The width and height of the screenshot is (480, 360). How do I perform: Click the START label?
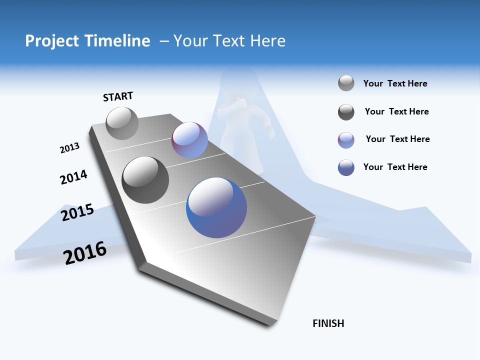[x=118, y=96]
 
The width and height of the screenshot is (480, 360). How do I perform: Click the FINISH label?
[x=328, y=323]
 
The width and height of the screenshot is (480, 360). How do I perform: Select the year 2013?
[x=69, y=148]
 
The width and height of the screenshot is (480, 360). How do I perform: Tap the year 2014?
[x=73, y=177]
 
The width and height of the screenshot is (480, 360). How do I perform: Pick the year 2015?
[x=77, y=212]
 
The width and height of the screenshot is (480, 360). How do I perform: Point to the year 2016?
[x=85, y=252]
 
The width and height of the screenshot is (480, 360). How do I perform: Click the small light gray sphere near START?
[x=122, y=123]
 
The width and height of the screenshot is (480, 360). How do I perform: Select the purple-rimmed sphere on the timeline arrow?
[x=189, y=140]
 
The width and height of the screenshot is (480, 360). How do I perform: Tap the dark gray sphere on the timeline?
[x=145, y=180]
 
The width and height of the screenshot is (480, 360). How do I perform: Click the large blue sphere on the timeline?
[x=216, y=207]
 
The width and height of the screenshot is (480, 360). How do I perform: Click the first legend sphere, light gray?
[x=346, y=83]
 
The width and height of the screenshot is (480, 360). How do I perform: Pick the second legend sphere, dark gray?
[x=346, y=112]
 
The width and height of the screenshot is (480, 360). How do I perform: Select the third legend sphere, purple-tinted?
[x=346, y=140]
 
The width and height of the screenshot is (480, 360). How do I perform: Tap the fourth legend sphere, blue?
[x=346, y=167]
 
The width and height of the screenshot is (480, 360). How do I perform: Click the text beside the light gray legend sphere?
[x=395, y=84]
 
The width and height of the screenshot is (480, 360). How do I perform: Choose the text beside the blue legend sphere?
[x=395, y=167]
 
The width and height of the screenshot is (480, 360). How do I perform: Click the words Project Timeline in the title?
[x=87, y=41]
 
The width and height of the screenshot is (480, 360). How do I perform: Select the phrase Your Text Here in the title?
[x=229, y=41]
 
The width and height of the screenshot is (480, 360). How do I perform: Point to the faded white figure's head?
[x=239, y=80]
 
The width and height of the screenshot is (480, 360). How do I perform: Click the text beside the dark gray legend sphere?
[x=396, y=111]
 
